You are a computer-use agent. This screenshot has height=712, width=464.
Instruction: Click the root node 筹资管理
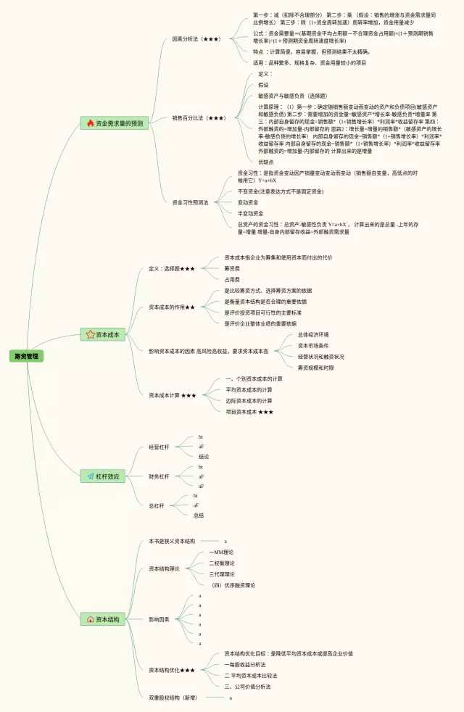coord(28,356)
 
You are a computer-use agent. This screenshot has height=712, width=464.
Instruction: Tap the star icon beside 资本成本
coord(91,334)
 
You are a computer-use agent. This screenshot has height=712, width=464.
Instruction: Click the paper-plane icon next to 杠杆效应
coord(91,476)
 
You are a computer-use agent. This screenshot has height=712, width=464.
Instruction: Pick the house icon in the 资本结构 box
coord(91,619)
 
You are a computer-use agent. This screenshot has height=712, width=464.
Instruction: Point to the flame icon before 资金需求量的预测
coord(91,123)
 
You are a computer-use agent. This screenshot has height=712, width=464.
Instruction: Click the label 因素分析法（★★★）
coord(196,39)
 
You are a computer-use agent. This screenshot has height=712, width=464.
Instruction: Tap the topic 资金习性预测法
coord(191,202)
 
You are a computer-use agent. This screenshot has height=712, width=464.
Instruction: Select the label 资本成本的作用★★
coord(172,307)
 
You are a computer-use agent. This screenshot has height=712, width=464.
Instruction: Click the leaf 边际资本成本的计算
coord(249,401)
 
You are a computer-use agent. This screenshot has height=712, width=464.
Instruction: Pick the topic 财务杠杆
coord(159,476)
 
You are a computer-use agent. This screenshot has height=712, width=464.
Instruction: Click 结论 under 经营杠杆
coord(204,457)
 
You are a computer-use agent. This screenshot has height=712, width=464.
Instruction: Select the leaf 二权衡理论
coord(222,563)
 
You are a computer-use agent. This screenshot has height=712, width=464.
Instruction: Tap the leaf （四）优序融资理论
coord(233,585)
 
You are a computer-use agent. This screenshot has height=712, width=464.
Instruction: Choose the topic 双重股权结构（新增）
coord(173,697)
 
